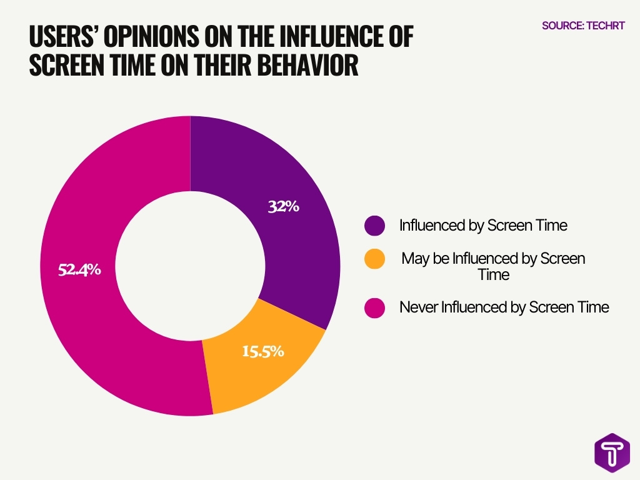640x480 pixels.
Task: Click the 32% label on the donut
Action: (283, 206)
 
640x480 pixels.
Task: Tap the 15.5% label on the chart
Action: (263, 351)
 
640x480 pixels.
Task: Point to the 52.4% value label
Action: (79, 270)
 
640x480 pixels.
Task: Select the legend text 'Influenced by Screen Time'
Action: (483, 226)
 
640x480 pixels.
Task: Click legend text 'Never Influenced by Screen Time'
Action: (504, 307)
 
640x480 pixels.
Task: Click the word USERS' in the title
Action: (62, 38)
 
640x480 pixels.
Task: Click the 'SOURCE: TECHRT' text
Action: (583, 26)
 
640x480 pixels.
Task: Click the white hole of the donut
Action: (190, 265)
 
